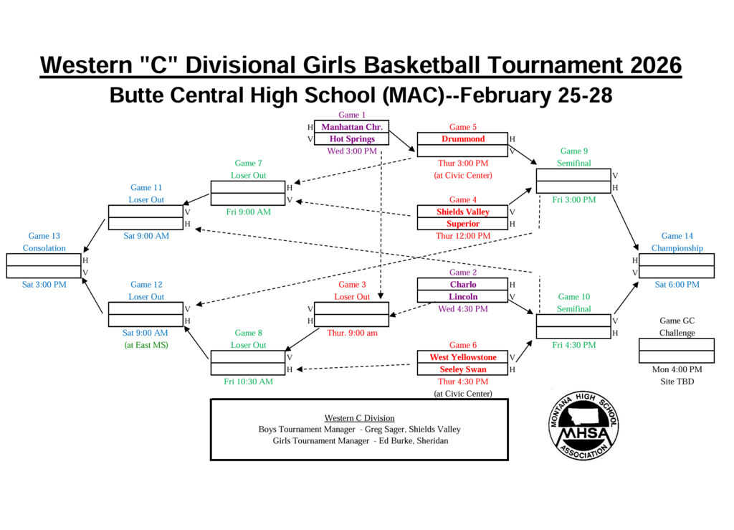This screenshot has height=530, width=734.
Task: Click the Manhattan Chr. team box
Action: coord(351,127)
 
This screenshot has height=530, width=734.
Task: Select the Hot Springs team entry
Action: coord(351,139)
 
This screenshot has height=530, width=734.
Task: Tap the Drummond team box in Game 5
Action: coord(462,139)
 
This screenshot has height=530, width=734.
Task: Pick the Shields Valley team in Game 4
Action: coord(462,212)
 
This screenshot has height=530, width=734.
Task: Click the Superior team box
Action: coord(462,224)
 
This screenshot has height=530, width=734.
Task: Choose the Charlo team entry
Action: coord(462,285)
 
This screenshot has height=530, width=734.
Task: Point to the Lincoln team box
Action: coord(462,297)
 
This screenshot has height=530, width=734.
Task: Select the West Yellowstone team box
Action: coord(462,357)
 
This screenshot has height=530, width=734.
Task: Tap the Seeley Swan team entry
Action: coord(462,369)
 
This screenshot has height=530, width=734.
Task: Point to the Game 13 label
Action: coord(44,236)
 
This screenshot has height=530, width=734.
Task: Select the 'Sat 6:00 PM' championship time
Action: coord(677,285)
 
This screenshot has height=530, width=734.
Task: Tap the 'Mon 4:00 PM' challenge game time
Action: coord(677,369)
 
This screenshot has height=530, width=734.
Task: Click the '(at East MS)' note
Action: coord(146,345)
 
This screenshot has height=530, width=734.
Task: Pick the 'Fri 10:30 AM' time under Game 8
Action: coord(248,382)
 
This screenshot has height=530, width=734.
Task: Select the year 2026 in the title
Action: coord(656,65)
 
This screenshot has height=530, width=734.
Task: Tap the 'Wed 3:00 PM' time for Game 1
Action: coord(352,151)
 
